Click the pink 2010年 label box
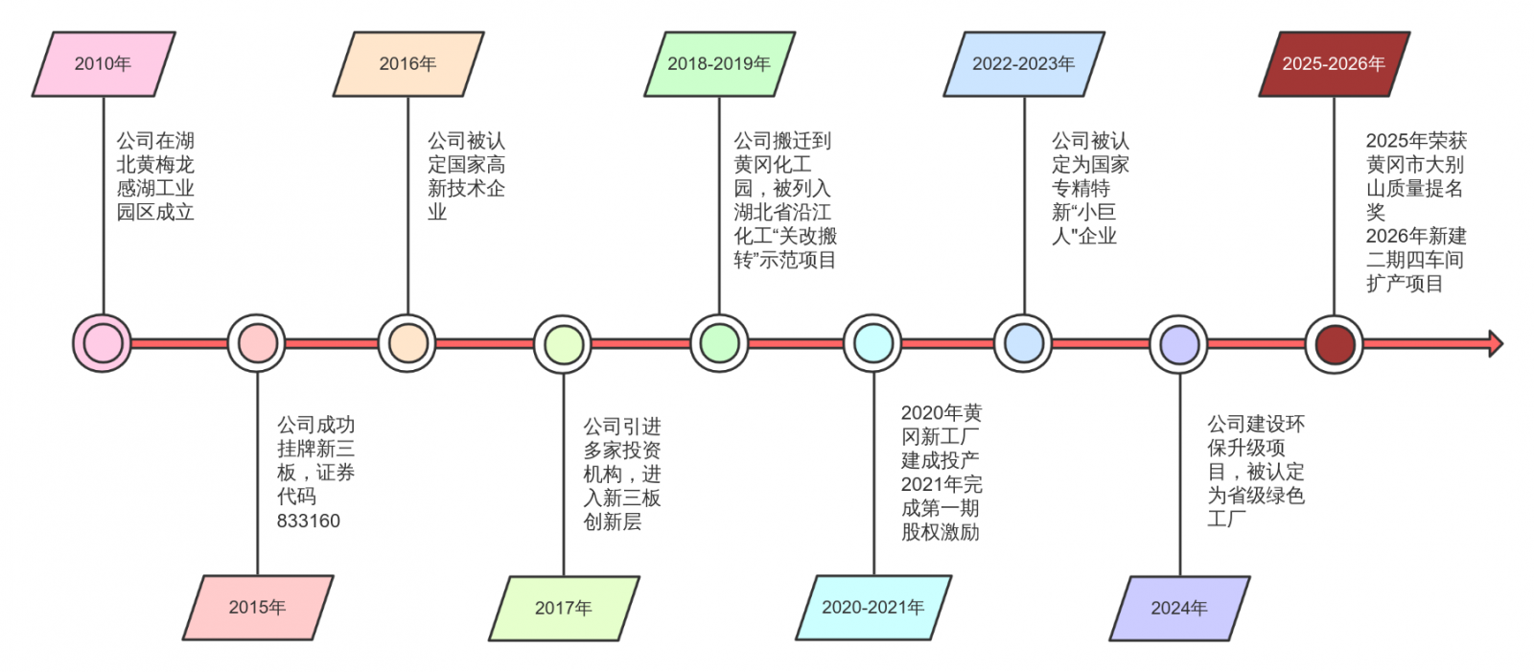click(x=103, y=64)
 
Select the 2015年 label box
click(x=257, y=608)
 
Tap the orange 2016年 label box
click(x=407, y=64)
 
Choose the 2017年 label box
click(x=563, y=608)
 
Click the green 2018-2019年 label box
click(x=718, y=64)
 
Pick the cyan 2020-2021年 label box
click(x=872, y=608)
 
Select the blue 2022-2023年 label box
click(x=1023, y=64)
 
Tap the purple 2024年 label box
click(x=1178, y=608)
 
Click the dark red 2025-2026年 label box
click(x=1333, y=64)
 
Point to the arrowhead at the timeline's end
click(x=1495, y=343)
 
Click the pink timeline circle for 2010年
click(x=103, y=343)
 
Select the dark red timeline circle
click(x=1334, y=343)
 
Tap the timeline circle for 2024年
click(x=1179, y=343)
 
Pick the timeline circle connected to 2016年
click(x=407, y=343)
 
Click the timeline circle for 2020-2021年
click(x=873, y=343)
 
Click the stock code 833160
click(x=309, y=521)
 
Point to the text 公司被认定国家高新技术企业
click(x=466, y=176)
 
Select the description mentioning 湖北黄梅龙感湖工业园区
click(x=155, y=176)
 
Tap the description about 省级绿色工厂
click(x=1255, y=471)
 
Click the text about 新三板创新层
click(x=621, y=474)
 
